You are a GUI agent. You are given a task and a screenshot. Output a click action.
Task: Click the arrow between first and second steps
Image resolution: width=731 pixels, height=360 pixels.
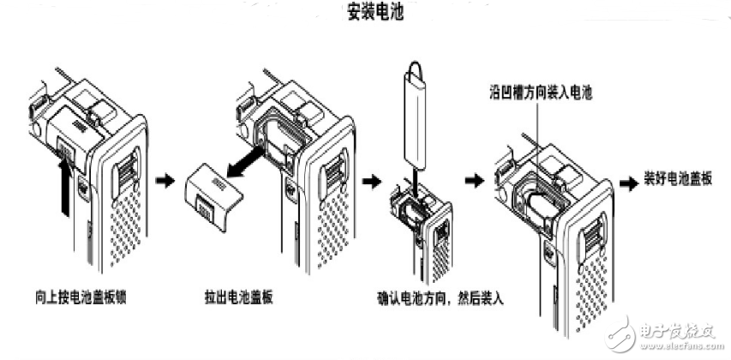[x=163, y=182]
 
